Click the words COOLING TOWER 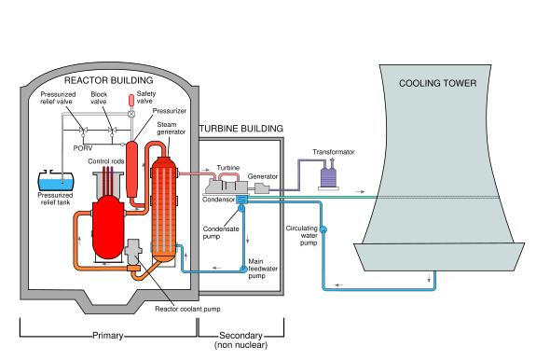coord(437,84)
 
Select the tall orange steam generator coord(164,208)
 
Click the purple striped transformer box coord(327,177)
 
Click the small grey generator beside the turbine coord(262,188)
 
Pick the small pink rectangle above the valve coord(131,100)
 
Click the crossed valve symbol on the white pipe coord(131,114)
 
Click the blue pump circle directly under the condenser coord(241,209)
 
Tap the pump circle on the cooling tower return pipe coord(323,229)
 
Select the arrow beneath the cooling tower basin coord(431,277)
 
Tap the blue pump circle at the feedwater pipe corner coord(244,270)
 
